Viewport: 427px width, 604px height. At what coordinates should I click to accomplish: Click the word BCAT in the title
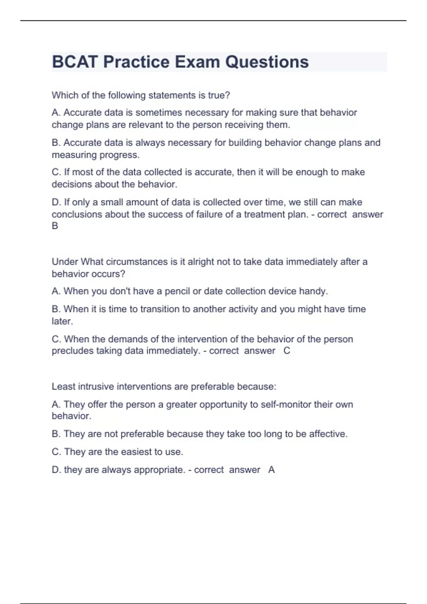(74, 62)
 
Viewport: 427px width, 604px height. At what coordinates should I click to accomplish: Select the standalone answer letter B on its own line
(55, 226)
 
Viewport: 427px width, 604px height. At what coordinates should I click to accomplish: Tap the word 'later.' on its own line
(62, 321)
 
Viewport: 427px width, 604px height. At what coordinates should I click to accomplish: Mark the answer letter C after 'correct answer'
(287, 351)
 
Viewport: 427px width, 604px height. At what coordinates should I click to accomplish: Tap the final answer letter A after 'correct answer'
(272, 470)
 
